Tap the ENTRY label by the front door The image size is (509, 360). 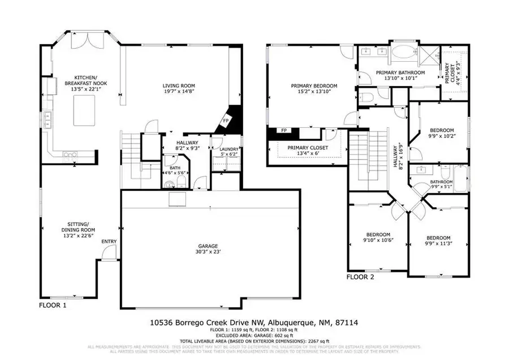click(x=109, y=242)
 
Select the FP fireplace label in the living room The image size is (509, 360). click(x=226, y=121)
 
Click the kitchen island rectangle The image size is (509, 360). click(x=85, y=110)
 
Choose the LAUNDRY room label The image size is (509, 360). click(x=225, y=149)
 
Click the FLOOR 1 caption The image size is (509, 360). click(x=53, y=305)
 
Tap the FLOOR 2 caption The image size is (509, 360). click(x=360, y=277)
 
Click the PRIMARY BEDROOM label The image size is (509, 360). click(x=314, y=85)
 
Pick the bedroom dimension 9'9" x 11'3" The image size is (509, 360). click(x=438, y=243)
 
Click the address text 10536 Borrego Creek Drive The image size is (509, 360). click(x=218, y=323)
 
